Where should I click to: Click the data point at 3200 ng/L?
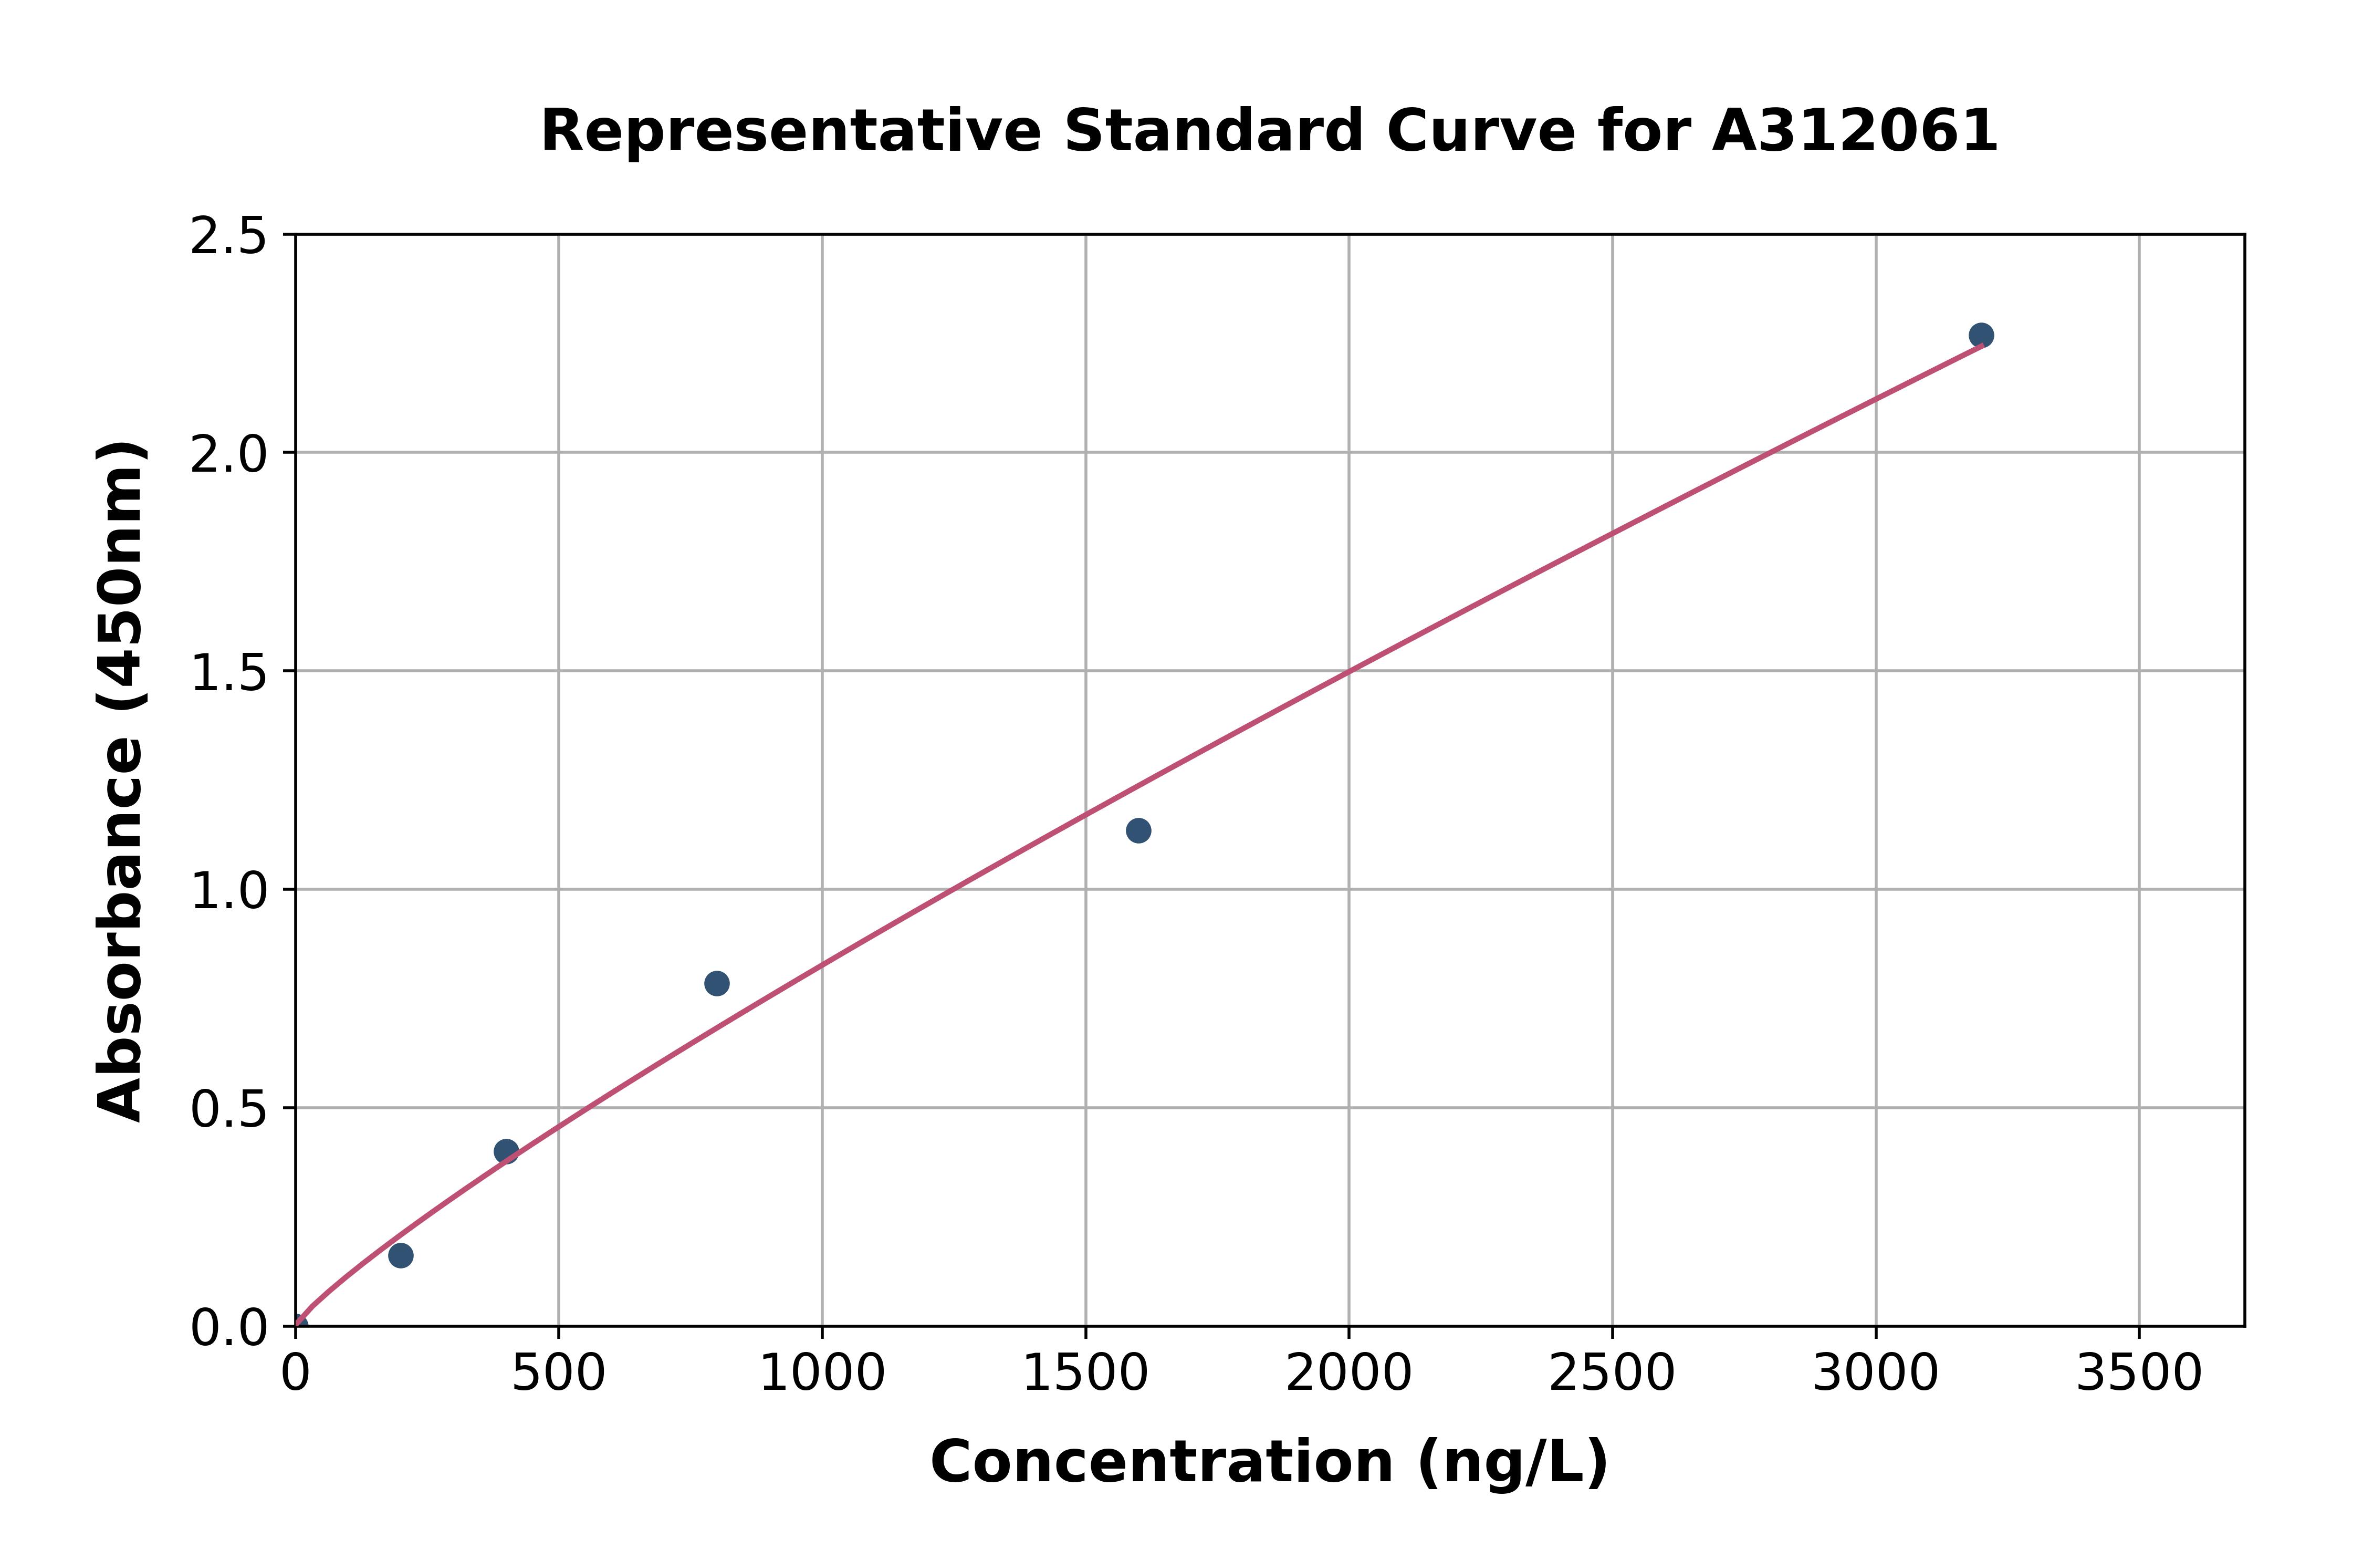(x=1981, y=335)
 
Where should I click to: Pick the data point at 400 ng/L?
(x=506, y=1151)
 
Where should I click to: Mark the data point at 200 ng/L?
(x=401, y=1255)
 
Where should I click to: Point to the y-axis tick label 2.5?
(x=229, y=237)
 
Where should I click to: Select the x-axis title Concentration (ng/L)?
(x=1269, y=1462)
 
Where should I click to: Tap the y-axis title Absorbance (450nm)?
(x=121, y=781)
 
